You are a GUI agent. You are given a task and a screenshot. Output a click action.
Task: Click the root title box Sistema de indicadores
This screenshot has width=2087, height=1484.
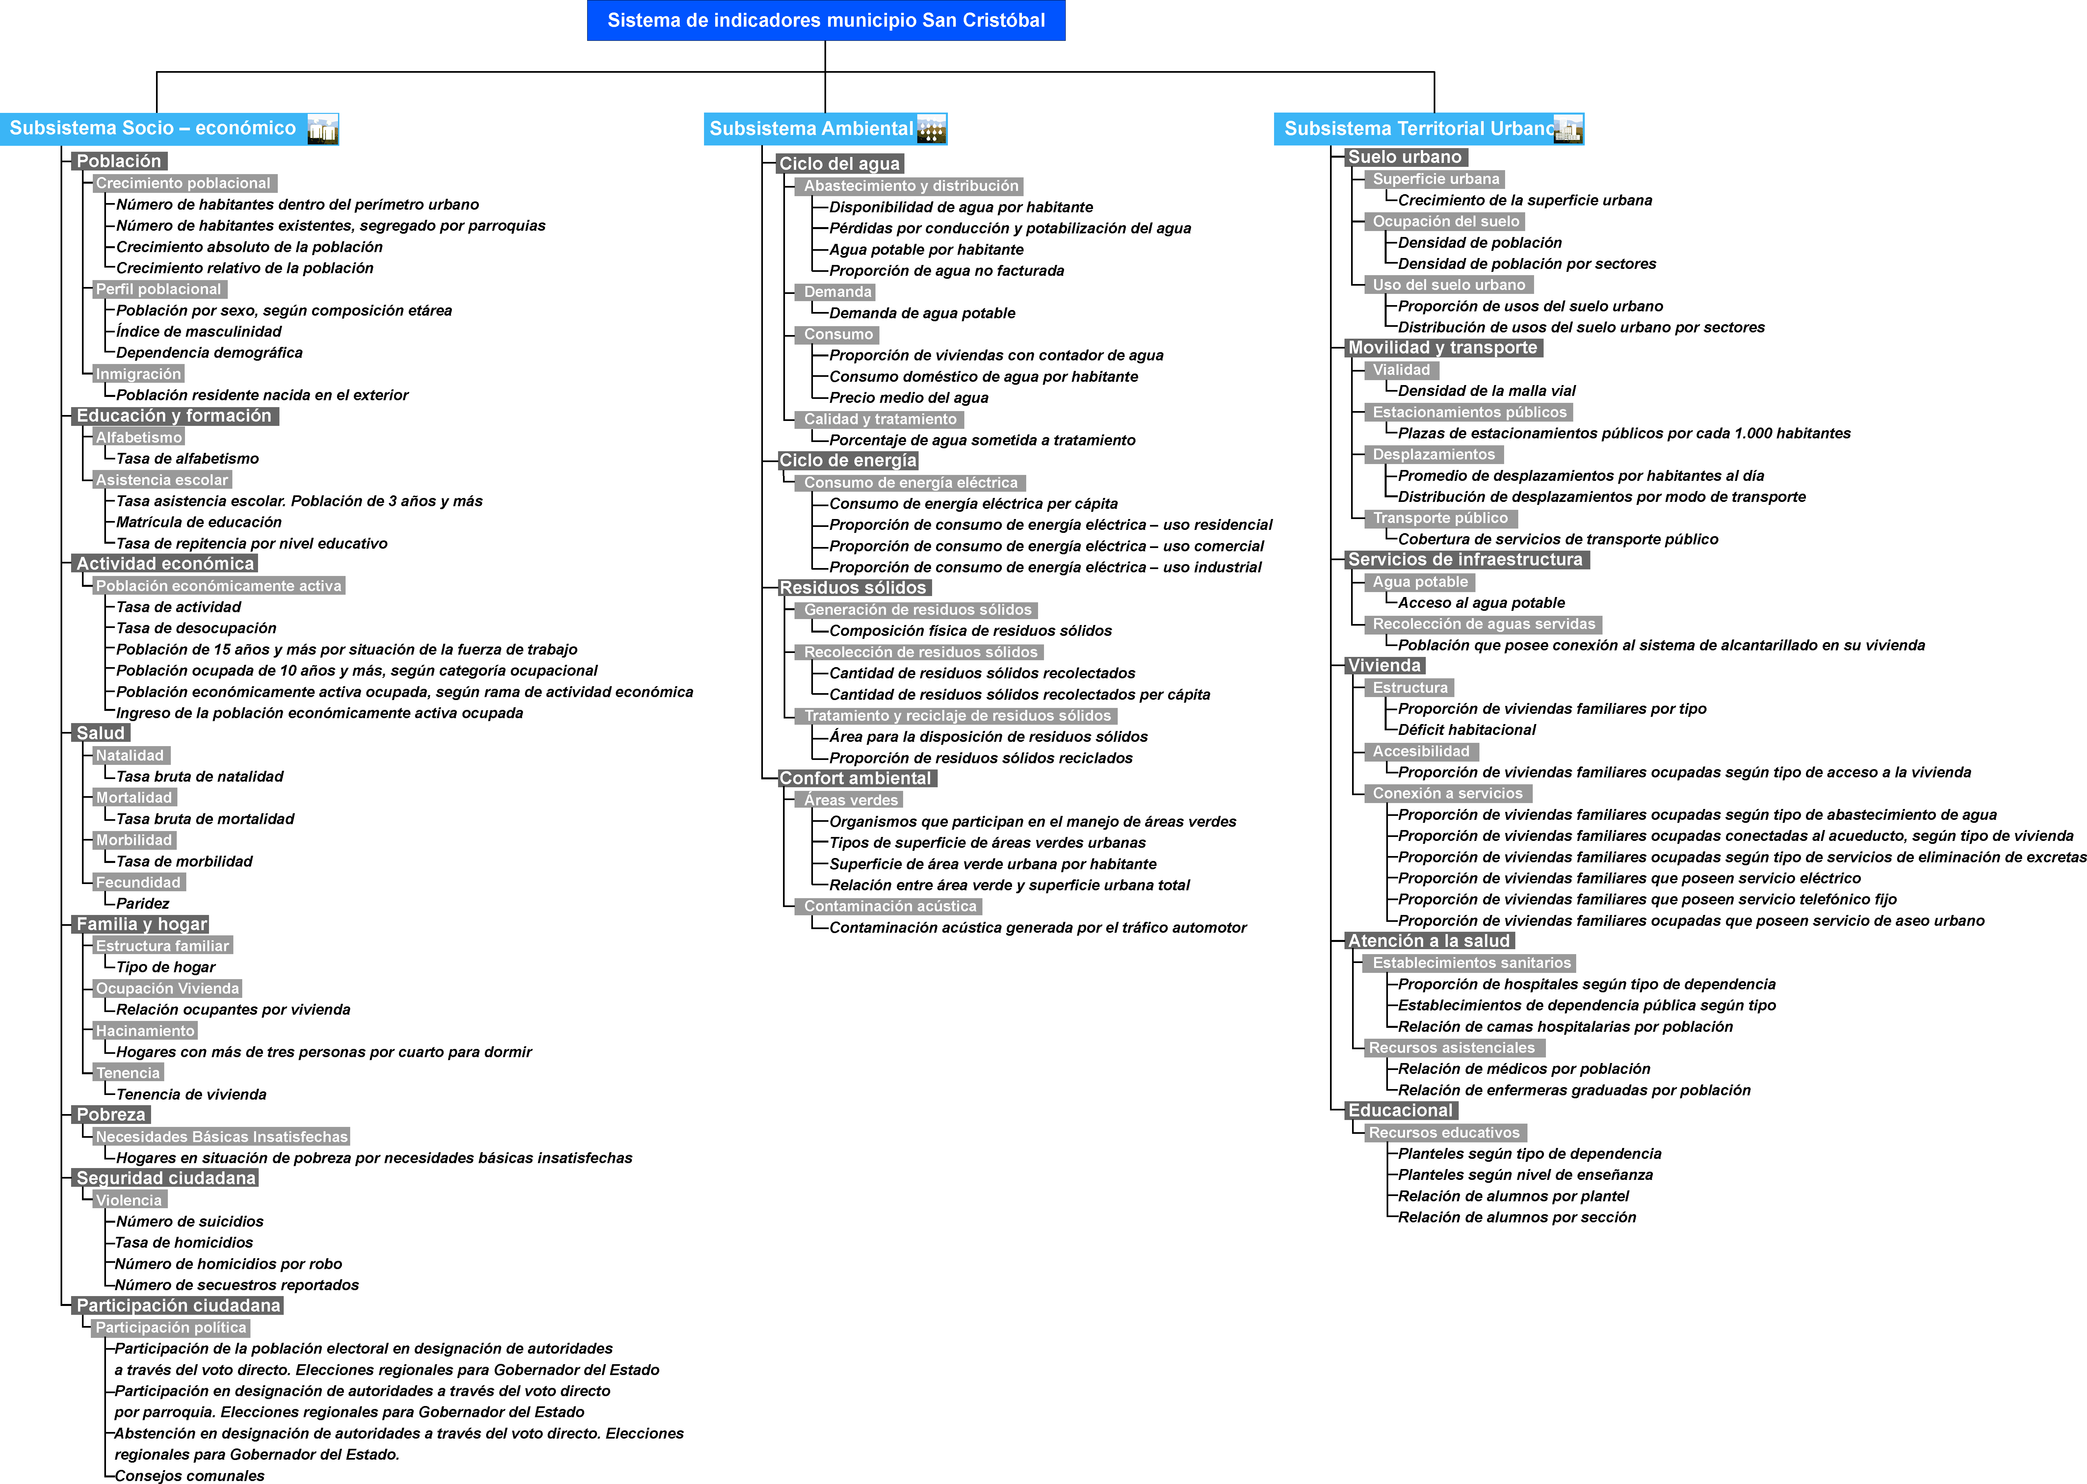(826, 20)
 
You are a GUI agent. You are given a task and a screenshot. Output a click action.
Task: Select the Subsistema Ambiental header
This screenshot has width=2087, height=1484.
(825, 129)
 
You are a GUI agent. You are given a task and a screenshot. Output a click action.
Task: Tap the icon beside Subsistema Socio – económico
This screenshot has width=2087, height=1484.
(323, 129)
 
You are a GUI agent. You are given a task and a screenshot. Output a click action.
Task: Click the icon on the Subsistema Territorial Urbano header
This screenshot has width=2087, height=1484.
(1568, 129)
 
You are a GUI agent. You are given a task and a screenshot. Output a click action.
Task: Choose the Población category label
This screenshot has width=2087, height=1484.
(119, 161)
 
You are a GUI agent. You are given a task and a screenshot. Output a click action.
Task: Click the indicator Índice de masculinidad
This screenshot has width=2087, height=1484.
(198, 332)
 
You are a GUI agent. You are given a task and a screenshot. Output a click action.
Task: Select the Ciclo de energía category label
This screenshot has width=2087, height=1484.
(847, 460)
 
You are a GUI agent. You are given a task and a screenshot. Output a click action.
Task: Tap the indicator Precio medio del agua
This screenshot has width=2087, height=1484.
(908, 398)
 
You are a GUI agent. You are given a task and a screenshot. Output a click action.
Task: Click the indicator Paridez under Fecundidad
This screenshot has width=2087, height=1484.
(143, 904)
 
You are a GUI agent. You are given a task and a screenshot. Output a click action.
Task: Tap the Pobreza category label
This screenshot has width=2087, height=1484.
(111, 1115)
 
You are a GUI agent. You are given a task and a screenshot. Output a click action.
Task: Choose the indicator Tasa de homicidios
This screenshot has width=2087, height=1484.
(184, 1243)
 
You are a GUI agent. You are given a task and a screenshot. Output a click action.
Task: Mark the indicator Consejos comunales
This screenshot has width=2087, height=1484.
(189, 1475)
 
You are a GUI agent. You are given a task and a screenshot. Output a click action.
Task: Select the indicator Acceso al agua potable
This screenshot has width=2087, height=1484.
(1481, 603)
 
